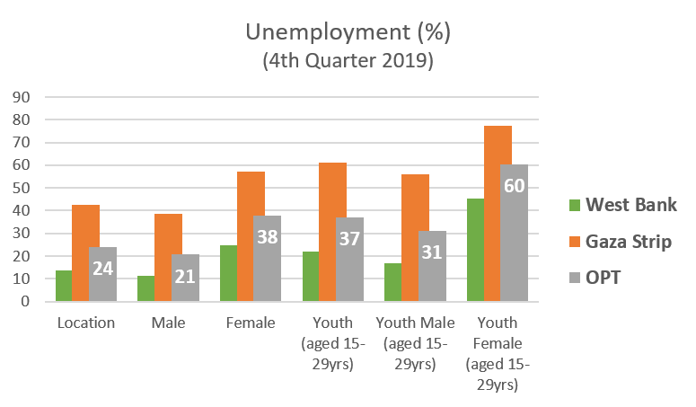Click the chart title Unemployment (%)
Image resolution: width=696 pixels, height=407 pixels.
tap(348, 32)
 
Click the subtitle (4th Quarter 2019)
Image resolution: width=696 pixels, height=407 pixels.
tap(348, 61)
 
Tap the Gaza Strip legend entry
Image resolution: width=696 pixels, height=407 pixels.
tap(630, 242)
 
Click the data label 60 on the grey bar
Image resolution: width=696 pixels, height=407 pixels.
tap(514, 187)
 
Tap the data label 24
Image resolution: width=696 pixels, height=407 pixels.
tap(102, 268)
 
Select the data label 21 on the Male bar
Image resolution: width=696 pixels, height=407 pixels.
tap(185, 275)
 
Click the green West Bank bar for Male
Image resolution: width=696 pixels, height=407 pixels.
tap(145, 288)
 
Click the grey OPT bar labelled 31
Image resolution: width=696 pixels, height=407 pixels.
tap(432, 266)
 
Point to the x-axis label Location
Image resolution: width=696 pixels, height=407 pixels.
tap(86, 323)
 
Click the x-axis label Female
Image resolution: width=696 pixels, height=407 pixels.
tap(251, 323)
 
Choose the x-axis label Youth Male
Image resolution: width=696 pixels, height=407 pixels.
tap(415, 323)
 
